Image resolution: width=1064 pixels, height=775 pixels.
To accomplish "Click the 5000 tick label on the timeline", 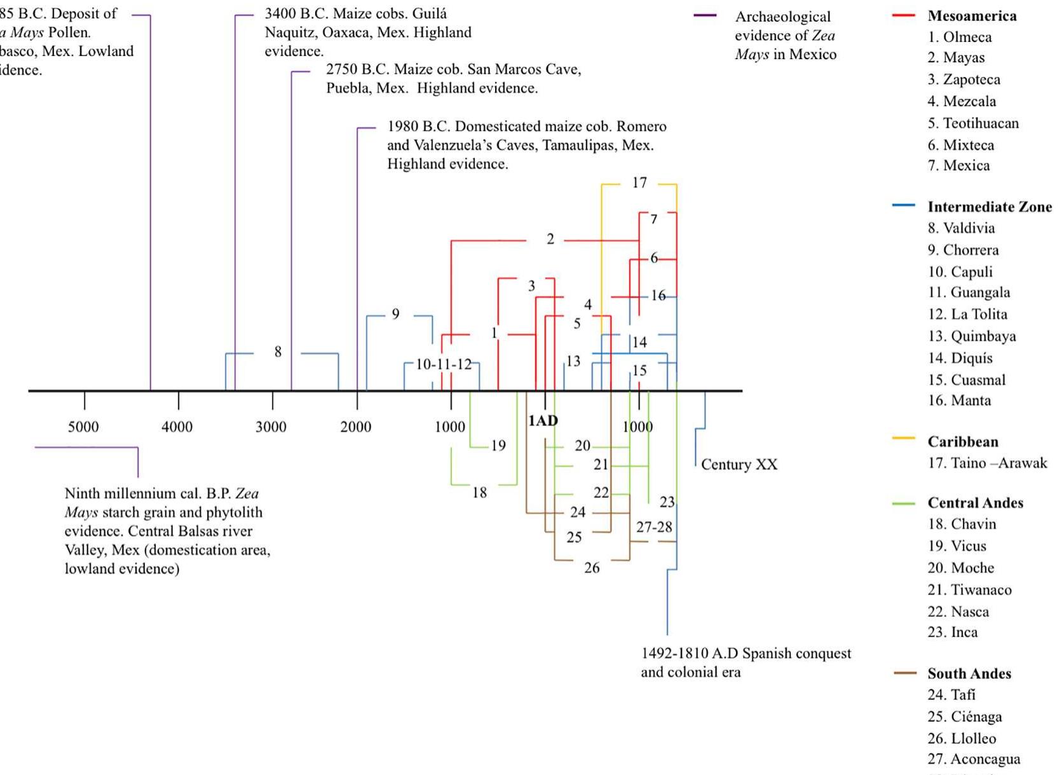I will tap(83, 427).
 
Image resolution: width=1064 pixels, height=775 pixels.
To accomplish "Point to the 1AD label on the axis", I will tap(543, 420).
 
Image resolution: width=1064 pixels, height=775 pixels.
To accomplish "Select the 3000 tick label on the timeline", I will tap(271, 427).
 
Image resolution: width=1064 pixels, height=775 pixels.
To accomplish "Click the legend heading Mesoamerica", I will tap(971, 16).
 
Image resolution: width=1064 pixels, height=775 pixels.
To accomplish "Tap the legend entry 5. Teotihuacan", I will tap(972, 123).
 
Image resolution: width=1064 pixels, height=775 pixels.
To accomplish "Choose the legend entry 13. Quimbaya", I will tap(971, 336).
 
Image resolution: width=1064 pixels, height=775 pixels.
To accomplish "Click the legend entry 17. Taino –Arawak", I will tap(986, 463).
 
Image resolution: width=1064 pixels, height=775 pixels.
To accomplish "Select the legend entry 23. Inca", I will tap(952, 632).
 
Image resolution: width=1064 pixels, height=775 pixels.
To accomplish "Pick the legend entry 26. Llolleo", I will tap(961, 738).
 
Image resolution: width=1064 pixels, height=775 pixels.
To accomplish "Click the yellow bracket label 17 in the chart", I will tap(639, 183).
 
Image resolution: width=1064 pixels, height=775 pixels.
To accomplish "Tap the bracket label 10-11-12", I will tap(444, 364).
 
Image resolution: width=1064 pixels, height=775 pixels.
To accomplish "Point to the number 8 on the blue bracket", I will tap(278, 352).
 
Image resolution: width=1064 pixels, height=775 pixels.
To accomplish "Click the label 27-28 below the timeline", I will tap(654, 527).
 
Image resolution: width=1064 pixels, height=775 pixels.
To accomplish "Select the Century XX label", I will tap(739, 465).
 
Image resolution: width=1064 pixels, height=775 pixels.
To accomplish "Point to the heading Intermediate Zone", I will tap(989, 207).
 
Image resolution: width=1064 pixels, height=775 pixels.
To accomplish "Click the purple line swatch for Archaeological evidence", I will tap(705, 15).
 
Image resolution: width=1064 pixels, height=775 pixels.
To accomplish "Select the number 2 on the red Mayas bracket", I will tap(550, 239).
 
